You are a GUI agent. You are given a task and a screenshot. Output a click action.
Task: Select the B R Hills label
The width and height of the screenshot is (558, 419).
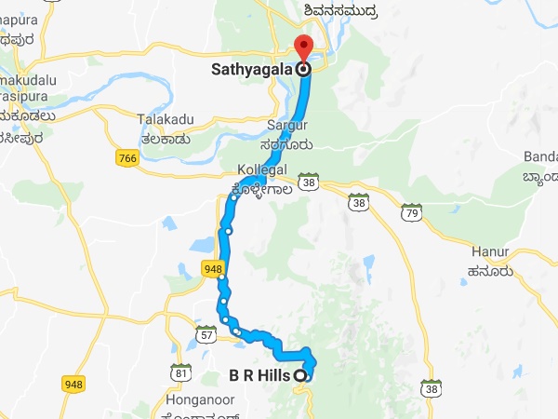(x=259, y=376)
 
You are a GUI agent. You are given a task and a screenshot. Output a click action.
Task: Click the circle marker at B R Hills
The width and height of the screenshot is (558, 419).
(x=300, y=376)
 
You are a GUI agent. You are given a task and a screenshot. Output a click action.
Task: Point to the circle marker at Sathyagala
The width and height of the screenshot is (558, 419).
(x=302, y=69)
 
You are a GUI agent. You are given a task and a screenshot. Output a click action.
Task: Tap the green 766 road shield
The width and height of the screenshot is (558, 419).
(x=128, y=159)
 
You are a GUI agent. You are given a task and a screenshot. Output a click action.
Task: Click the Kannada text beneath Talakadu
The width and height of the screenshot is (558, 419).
(x=166, y=139)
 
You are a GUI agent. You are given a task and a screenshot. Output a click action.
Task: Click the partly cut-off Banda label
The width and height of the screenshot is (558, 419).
(x=541, y=156)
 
